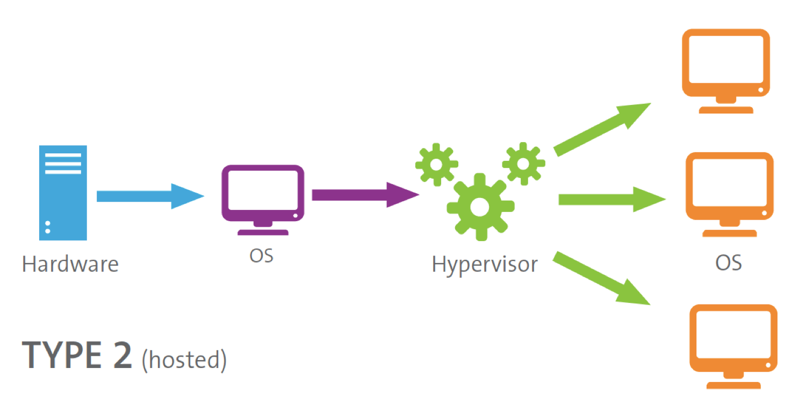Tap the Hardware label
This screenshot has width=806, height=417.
click(x=70, y=264)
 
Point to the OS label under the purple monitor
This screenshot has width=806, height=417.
click(x=261, y=255)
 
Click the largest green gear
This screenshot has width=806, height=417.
click(x=480, y=206)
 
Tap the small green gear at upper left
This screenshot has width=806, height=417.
click(x=436, y=164)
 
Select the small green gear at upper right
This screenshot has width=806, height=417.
click(x=523, y=162)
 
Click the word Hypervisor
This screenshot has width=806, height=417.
click(x=484, y=264)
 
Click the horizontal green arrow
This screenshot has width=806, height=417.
click(x=610, y=200)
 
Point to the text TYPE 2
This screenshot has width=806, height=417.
click(x=77, y=356)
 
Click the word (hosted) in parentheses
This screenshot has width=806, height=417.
click(x=184, y=359)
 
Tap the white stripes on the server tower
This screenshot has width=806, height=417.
click(x=63, y=163)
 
